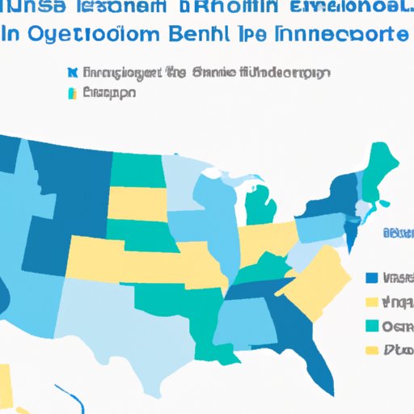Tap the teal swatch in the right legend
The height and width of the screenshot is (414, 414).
(372, 327)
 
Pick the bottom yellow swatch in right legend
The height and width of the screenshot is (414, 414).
(372, 351)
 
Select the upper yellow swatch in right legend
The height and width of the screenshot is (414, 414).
(372, 302)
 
